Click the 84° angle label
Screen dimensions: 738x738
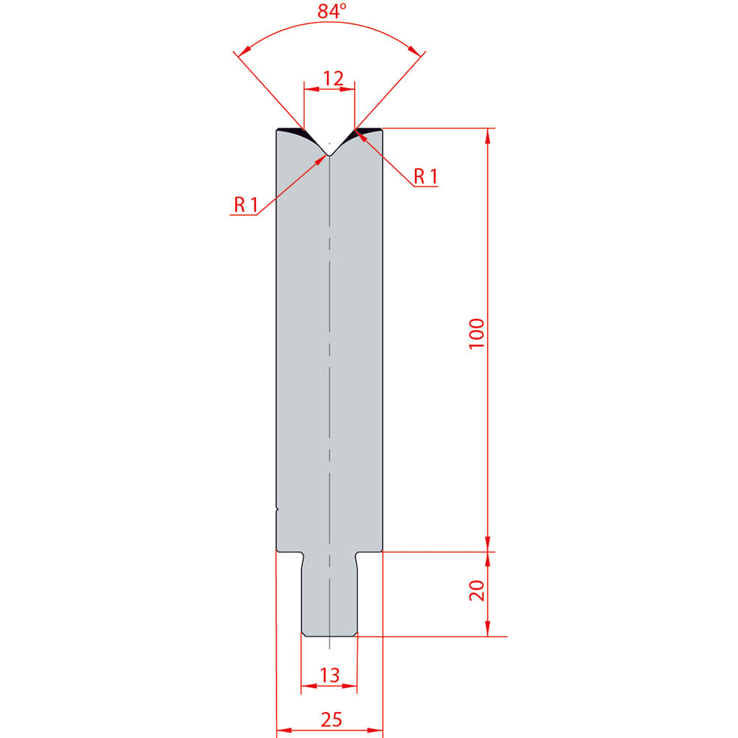click(x=332, y=11)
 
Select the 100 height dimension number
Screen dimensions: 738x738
click(x=477, y=334)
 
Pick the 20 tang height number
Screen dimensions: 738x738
click(x=477, y=590)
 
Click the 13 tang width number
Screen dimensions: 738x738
click(x=329, y=675)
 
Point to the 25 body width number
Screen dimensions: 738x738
click(x=331, y=720)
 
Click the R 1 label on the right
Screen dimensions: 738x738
click(x=426, y=176)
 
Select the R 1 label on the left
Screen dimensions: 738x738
click(x=246, y=204)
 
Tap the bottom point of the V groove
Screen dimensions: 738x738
click(x=329, y=155)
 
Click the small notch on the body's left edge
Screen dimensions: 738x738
click(x=277, y=509)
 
